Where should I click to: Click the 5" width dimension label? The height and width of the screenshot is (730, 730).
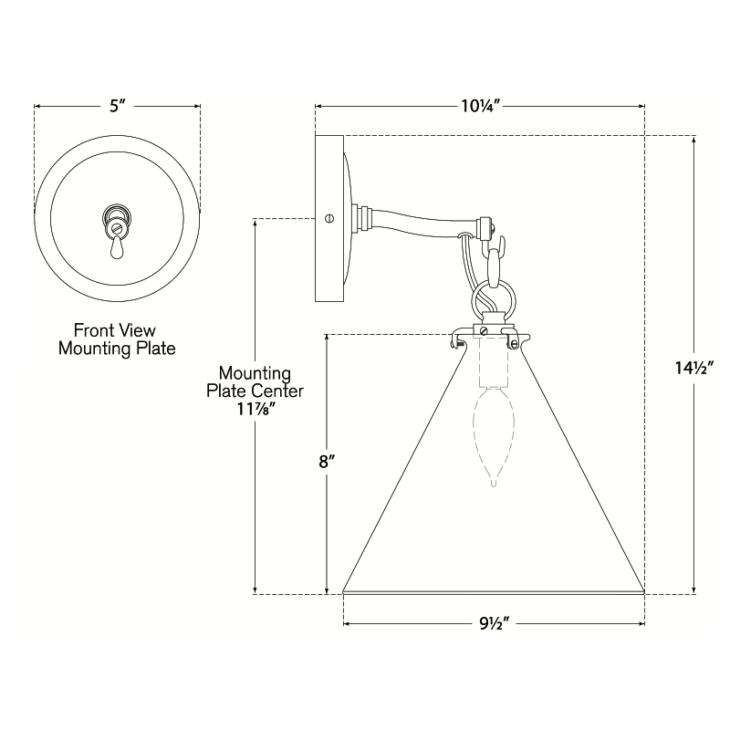point(118,106)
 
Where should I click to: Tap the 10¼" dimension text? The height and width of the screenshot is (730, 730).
point(480,106)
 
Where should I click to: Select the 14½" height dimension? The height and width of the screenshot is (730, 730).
point(694,369)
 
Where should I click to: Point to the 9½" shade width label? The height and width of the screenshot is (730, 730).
point(495,623)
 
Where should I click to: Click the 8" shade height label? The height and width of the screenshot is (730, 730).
point(327,462)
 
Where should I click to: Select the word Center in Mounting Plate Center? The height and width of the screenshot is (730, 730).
point(278,391)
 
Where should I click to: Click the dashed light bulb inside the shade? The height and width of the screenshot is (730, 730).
point(494,435)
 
